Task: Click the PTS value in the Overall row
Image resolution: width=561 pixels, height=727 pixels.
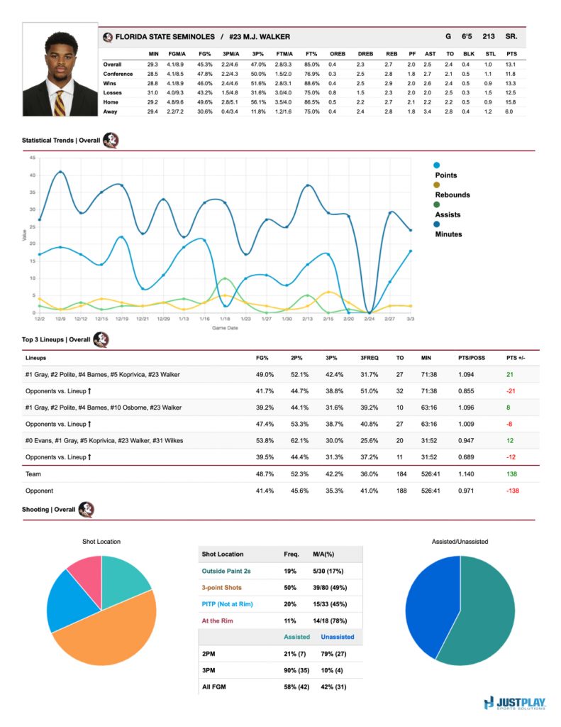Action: (511, 65)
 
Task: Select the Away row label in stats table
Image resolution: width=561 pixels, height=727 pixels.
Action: (111, 111)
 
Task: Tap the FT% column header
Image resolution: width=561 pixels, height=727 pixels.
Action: (311, 53)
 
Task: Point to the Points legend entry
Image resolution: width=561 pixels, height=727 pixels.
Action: (446, 175)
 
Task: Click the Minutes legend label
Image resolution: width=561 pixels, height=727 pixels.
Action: (448, 234)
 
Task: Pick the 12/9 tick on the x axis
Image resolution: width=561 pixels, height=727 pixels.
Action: (60, 319)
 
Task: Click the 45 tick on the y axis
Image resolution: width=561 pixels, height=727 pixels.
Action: (32, 158)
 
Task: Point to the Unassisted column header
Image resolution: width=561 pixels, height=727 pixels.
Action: (337, 637)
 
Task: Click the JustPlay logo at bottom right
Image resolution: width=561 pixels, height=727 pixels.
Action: (516, 704)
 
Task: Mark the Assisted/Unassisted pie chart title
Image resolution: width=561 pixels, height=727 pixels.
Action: (460, 541)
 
